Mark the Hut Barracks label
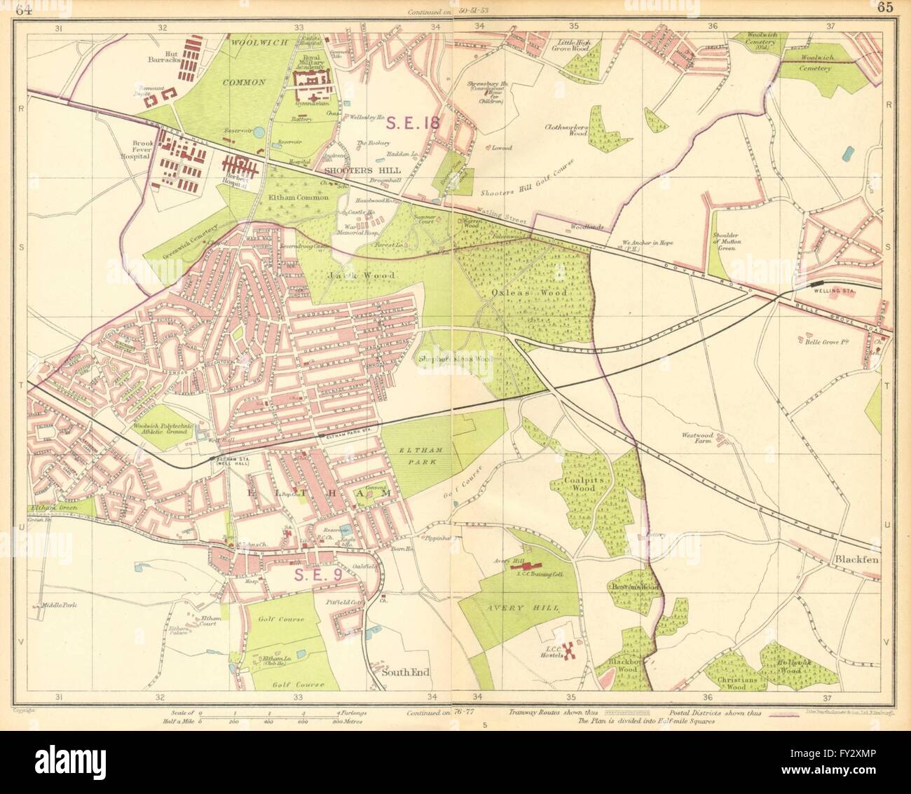165,64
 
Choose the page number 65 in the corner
884,8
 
